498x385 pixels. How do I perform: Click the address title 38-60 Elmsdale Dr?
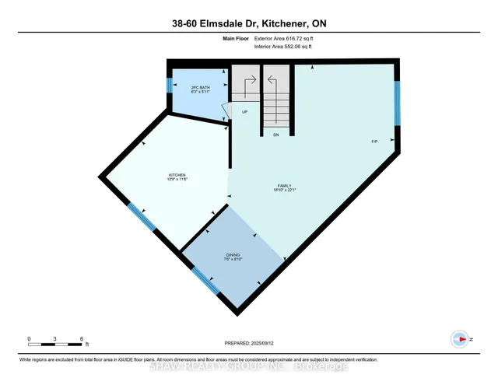pos(248,23)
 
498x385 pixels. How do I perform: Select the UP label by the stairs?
pos(244,111)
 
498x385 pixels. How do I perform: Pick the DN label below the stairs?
pos(275,135)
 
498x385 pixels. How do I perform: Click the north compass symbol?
pos(461,338)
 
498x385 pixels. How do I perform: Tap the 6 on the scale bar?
pos(82,338)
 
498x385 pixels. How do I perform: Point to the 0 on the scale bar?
pos(30,338)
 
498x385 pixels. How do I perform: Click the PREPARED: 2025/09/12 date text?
pos(249,342)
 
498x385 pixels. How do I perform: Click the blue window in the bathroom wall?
pos(169,86)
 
